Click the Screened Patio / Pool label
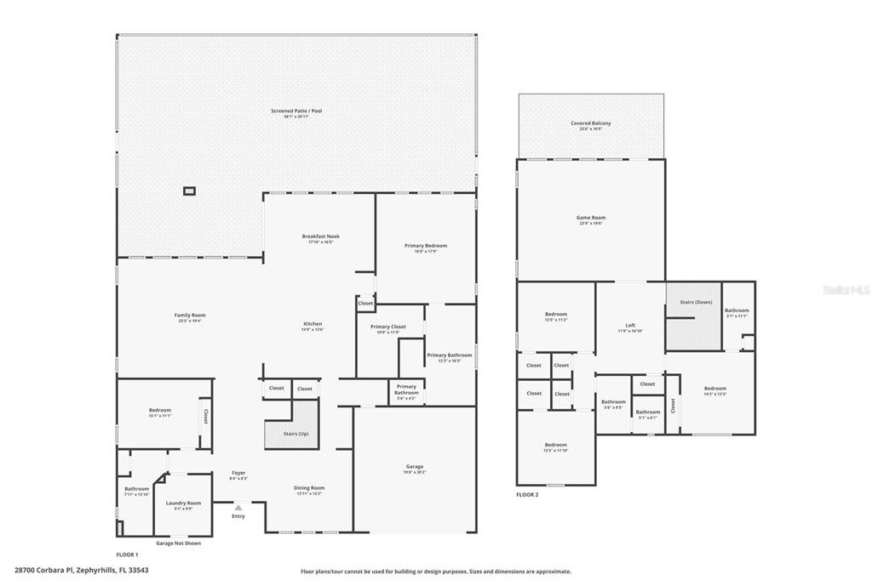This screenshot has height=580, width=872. [296, 111]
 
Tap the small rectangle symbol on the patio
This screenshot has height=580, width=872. [189, 190]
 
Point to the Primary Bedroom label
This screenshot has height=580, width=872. [425, 246]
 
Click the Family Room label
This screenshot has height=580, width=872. [190, 316]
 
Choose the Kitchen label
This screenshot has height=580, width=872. [313, 324]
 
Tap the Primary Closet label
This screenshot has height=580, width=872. [387, 327]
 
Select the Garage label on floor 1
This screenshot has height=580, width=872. [415, 467]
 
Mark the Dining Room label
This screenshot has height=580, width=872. [309, 488]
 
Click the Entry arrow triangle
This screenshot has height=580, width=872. [238, 508]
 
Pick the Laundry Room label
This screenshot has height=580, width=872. [183, 503]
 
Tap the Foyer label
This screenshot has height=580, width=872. [238, 473]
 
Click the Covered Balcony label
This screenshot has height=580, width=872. [590, 123]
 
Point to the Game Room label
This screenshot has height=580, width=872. [591, 218]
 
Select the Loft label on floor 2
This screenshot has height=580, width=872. [630, 326]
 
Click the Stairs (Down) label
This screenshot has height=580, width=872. [696, 302]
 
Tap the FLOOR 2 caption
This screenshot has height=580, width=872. [527, 494]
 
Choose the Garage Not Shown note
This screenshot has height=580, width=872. [178, 543]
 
